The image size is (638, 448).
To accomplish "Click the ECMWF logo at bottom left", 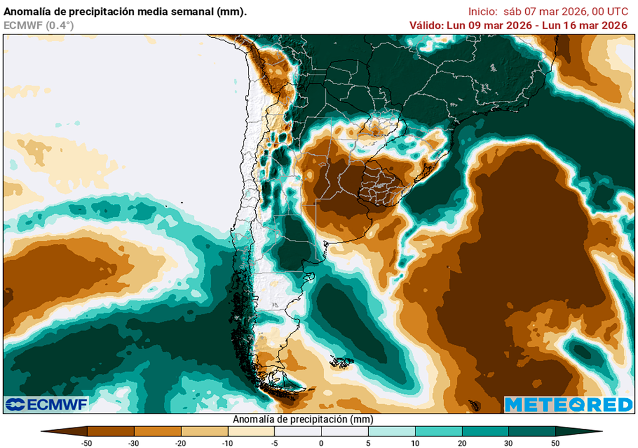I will click(x=46, y=404).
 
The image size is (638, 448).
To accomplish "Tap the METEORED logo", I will click(x=568, y=404).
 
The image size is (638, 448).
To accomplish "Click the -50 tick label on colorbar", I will click(x=87, y=443).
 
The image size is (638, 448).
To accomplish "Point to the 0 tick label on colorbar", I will click(x=321, y=443).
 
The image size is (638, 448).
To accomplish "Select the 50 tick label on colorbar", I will click(x=555, y=443).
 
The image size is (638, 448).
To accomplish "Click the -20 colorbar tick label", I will click(x=181, y=443).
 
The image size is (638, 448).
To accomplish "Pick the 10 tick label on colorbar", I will click(x=415, y=443).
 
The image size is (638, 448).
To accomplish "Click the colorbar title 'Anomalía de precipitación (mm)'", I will click(x=302, y=419).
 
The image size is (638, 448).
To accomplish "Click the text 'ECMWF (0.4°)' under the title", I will click(x=39, y=26).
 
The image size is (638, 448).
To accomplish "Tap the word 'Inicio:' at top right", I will click(x=483, y=12).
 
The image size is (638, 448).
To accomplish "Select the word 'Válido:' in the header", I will click(x=426, y=26).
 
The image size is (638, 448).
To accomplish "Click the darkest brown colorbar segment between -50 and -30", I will click(x=111, y=431).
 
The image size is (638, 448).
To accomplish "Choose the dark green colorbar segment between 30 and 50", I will click(x=531, y=431).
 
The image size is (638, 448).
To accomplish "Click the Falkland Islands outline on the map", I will click(x=341, y=361).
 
